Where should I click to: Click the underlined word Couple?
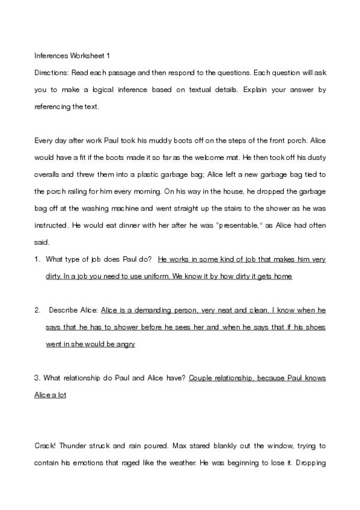pyautogui.click(x=201, y=378)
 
